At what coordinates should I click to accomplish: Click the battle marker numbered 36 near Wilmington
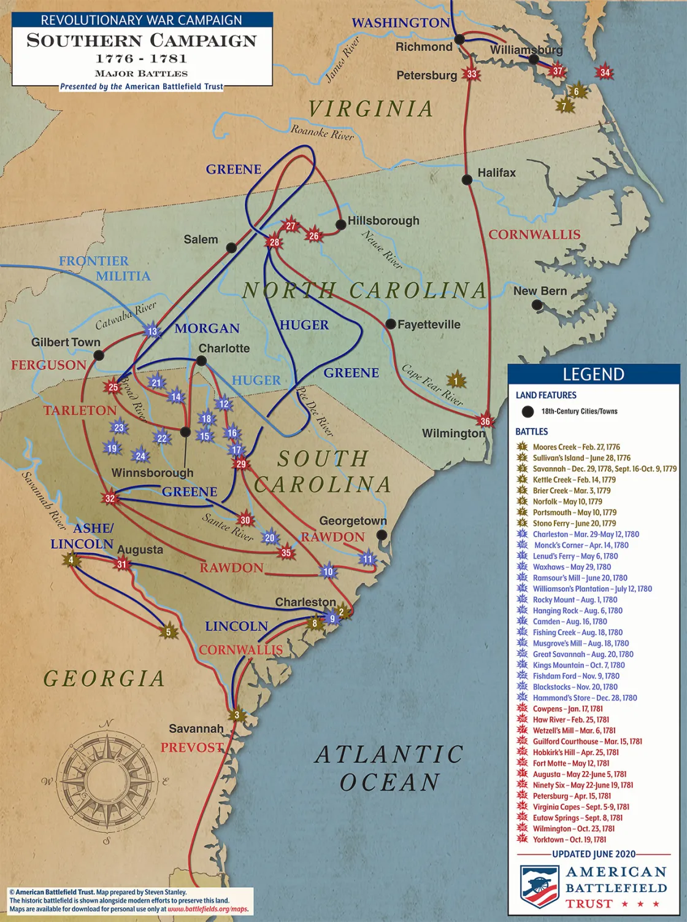tap(485, 421)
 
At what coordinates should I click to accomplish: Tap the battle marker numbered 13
tap(152, 331)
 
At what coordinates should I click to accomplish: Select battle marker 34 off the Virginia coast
tap(605, 72)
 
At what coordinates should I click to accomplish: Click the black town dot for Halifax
tap(467, 180)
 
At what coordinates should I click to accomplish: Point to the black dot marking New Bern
tap(537, 304)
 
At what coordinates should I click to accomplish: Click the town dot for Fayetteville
tap(390, 324)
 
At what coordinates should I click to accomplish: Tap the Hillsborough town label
tap(383, 220)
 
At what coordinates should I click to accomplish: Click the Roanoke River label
tap(322, 132)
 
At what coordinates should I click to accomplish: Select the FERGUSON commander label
tap(48, 365)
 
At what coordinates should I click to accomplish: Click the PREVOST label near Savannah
tap(192, 748)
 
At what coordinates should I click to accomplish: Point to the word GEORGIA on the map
tap(104, 678)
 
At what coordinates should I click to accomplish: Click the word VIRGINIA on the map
tap(370, 109)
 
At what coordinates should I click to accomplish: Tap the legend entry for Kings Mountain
tap(578, 665)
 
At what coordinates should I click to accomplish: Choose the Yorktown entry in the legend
tap(569, 840)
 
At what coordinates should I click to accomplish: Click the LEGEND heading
tap(593, 374)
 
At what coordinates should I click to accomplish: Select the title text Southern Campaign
tap(142, 41)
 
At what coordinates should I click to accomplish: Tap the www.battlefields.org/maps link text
tap(208, 909)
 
